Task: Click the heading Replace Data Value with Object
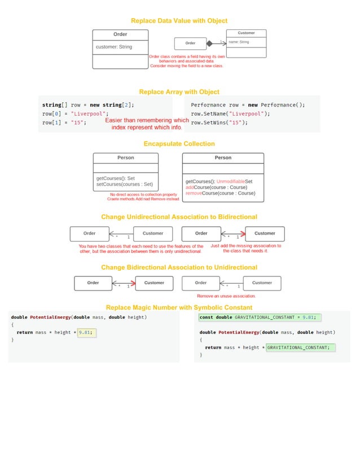(179, 21)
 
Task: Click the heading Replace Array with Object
(179, 92)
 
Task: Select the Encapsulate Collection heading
(179, 144)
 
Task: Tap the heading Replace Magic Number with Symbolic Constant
(179, 307)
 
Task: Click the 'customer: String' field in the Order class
(114, 47)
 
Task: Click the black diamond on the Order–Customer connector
(209, 43)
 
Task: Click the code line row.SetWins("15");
(219, 122)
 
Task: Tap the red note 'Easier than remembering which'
(147, 120)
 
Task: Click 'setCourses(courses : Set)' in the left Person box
(124, 184)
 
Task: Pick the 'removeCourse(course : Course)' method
(220, 193)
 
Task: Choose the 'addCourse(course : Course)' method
(216, 187)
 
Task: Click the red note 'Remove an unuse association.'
(226, 296)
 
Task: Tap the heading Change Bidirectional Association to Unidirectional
(179, 267)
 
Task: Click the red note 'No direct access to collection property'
(143, 195)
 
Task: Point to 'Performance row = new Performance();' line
(248, 105)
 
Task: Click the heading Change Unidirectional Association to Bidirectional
(179, 217)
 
